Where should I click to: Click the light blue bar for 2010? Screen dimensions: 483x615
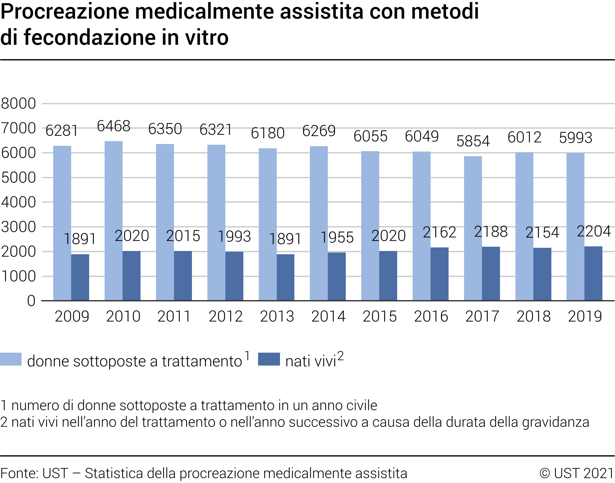point(114,220)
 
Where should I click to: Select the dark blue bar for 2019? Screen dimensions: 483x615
point(593,273)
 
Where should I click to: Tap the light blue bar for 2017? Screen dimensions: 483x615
point(473,228)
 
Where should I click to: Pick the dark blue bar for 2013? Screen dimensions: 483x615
point(285,277)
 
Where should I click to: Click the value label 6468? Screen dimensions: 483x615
point(114,126)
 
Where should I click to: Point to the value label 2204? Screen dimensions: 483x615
point(594,231)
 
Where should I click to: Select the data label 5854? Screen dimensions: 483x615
point(473,141)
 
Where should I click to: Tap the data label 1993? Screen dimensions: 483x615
point(234,236)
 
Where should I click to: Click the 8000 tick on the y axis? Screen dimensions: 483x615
point(18,103)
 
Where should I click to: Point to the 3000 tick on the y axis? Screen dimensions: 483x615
point(18,227)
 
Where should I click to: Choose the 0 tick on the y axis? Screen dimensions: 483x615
point(31,301)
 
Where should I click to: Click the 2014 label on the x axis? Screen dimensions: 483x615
point(328,316)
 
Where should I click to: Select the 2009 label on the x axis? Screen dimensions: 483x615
point(72,316)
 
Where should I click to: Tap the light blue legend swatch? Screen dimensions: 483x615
point(11,359)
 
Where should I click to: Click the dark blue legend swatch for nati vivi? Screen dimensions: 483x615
point(269,359)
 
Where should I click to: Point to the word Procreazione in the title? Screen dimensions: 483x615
point(65,11)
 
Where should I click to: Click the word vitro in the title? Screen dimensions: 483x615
point(207,37)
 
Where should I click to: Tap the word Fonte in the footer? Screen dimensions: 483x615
point(19,473)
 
